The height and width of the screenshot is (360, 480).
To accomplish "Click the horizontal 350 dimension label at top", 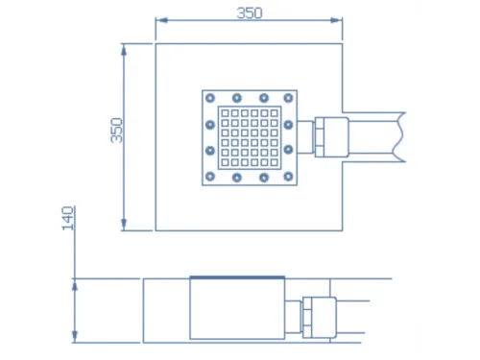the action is coord(250,13).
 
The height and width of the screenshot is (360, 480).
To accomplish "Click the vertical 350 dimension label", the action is coord(117,131).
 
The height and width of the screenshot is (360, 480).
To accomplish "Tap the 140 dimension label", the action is coord(67,218).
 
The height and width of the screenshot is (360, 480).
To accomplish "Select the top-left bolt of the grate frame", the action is coord(210,98).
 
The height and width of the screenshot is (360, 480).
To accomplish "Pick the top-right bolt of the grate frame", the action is coord(288,98).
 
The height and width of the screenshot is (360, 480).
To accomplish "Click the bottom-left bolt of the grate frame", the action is coord(210,177).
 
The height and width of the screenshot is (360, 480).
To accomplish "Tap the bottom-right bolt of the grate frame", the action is coord(288,177).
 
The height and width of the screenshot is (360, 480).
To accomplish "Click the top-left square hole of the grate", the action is coord(225,113).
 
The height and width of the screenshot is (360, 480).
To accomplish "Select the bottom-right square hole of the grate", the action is coord(274,162).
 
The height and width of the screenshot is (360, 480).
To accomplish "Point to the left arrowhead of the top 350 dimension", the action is coord(161,20).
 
